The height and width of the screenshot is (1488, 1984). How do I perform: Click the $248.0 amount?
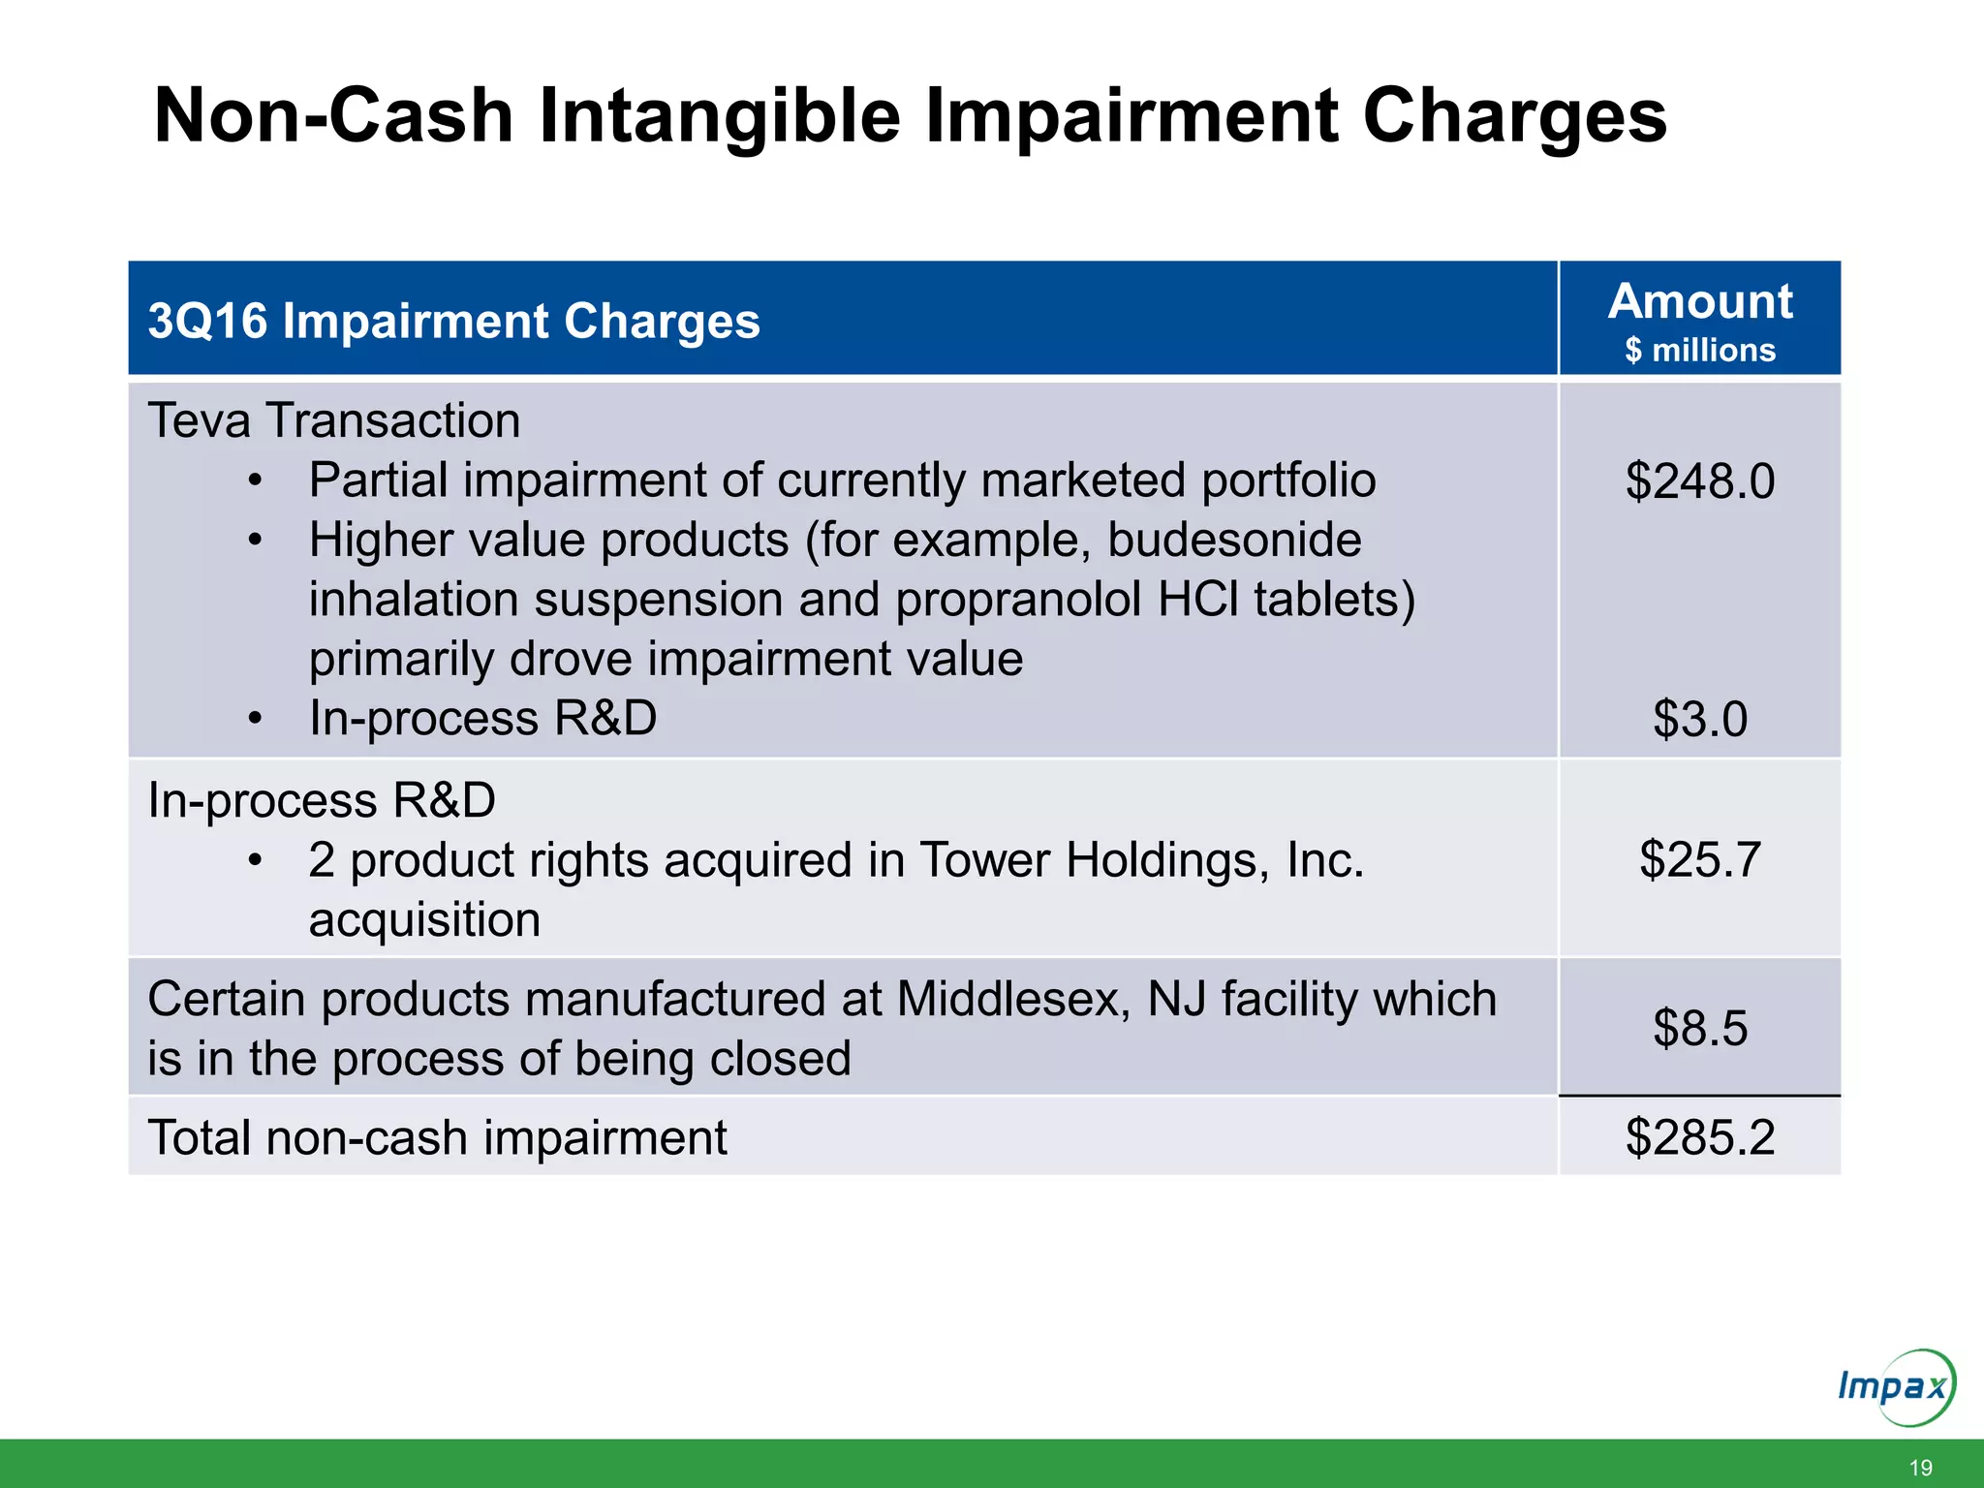(1700, 480)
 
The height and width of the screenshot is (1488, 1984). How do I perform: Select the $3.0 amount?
(1700, 719)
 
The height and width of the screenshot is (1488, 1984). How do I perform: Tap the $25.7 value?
(1700, 859)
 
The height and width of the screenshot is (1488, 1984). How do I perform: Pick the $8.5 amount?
(1700, 1028)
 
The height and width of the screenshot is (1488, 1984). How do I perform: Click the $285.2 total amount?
(1700, 1137)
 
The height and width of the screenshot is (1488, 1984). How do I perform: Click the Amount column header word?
(1700, 301)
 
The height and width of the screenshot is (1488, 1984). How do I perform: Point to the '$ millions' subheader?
(1700, 350)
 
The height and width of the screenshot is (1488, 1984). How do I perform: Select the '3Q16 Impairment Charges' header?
(453, 321)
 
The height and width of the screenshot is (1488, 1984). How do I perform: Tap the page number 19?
(1920, 1468)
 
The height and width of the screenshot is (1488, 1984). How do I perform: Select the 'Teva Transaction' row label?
(334, 420)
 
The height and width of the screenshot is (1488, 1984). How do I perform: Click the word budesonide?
(1233, 540)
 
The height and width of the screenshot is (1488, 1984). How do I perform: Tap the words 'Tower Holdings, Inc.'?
(1141, 859)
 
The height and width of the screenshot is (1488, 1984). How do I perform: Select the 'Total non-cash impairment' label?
(437, 1137)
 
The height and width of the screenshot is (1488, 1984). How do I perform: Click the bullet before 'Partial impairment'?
(255, 481)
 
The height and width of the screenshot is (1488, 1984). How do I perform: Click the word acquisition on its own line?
(424, 919)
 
